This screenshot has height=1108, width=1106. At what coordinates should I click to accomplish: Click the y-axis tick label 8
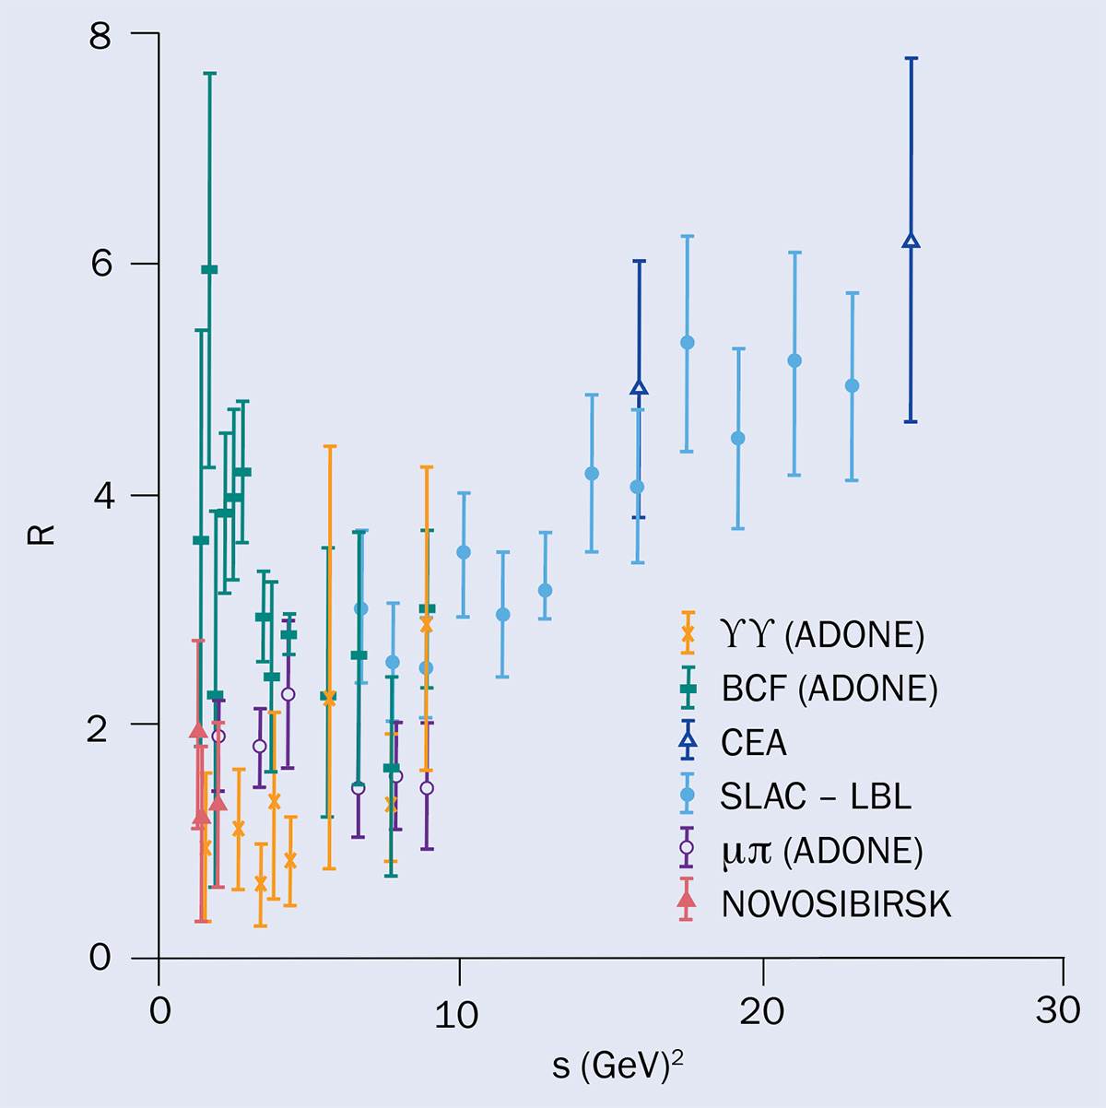click(100, 37)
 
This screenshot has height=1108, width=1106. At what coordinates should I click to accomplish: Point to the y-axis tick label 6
click(100, 265)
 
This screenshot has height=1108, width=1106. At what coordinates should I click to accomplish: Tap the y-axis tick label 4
click(100, 496)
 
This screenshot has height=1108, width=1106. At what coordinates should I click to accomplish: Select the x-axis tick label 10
click(457, 1012)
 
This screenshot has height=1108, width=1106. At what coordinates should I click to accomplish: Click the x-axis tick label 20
click(762, 1012)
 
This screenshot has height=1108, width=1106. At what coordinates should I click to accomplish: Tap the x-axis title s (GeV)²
click(618, 1066)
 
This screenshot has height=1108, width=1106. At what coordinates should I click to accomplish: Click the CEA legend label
click(754, 742)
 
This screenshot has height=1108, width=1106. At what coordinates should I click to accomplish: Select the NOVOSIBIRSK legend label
click(836, 904)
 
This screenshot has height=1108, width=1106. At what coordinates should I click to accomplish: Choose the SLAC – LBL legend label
click(817, 796)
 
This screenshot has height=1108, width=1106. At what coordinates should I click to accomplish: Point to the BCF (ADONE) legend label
click(829, 689)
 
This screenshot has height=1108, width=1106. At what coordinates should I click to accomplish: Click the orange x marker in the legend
click(686, 634)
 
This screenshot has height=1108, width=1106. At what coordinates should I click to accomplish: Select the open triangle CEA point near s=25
click(911, 242)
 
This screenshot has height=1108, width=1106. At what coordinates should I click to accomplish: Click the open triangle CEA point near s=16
click(639, 388)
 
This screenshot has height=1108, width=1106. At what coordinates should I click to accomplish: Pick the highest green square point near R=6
click(209, 269)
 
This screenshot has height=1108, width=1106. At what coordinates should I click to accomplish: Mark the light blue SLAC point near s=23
click(852, 385)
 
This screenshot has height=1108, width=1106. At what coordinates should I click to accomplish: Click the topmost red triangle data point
click(197, 731)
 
